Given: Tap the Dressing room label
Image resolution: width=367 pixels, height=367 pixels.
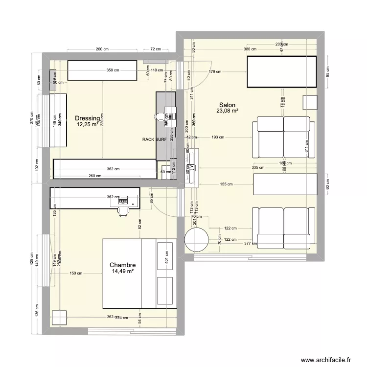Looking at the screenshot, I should coord(87,118).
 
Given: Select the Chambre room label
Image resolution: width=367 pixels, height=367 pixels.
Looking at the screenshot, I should coord(122,265).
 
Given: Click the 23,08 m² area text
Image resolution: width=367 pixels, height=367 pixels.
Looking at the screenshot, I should coord(227,112).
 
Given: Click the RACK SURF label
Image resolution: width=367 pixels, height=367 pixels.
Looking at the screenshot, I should coord(154,139).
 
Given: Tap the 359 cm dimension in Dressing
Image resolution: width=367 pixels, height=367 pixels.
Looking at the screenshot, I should coord(113,70).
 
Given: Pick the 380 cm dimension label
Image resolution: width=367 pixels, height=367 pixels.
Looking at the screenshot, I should coord(250,49).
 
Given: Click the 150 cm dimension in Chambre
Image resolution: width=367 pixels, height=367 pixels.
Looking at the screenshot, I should coord(76,274).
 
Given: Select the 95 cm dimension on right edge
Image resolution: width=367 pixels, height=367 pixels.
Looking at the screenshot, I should coord(328,71).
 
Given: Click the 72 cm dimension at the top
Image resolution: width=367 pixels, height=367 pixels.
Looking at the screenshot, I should coord(156,49).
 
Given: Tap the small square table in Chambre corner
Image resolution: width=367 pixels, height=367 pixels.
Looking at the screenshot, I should coord(59,318).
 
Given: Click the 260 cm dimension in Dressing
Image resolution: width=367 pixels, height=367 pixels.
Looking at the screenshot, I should coord(95,177).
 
